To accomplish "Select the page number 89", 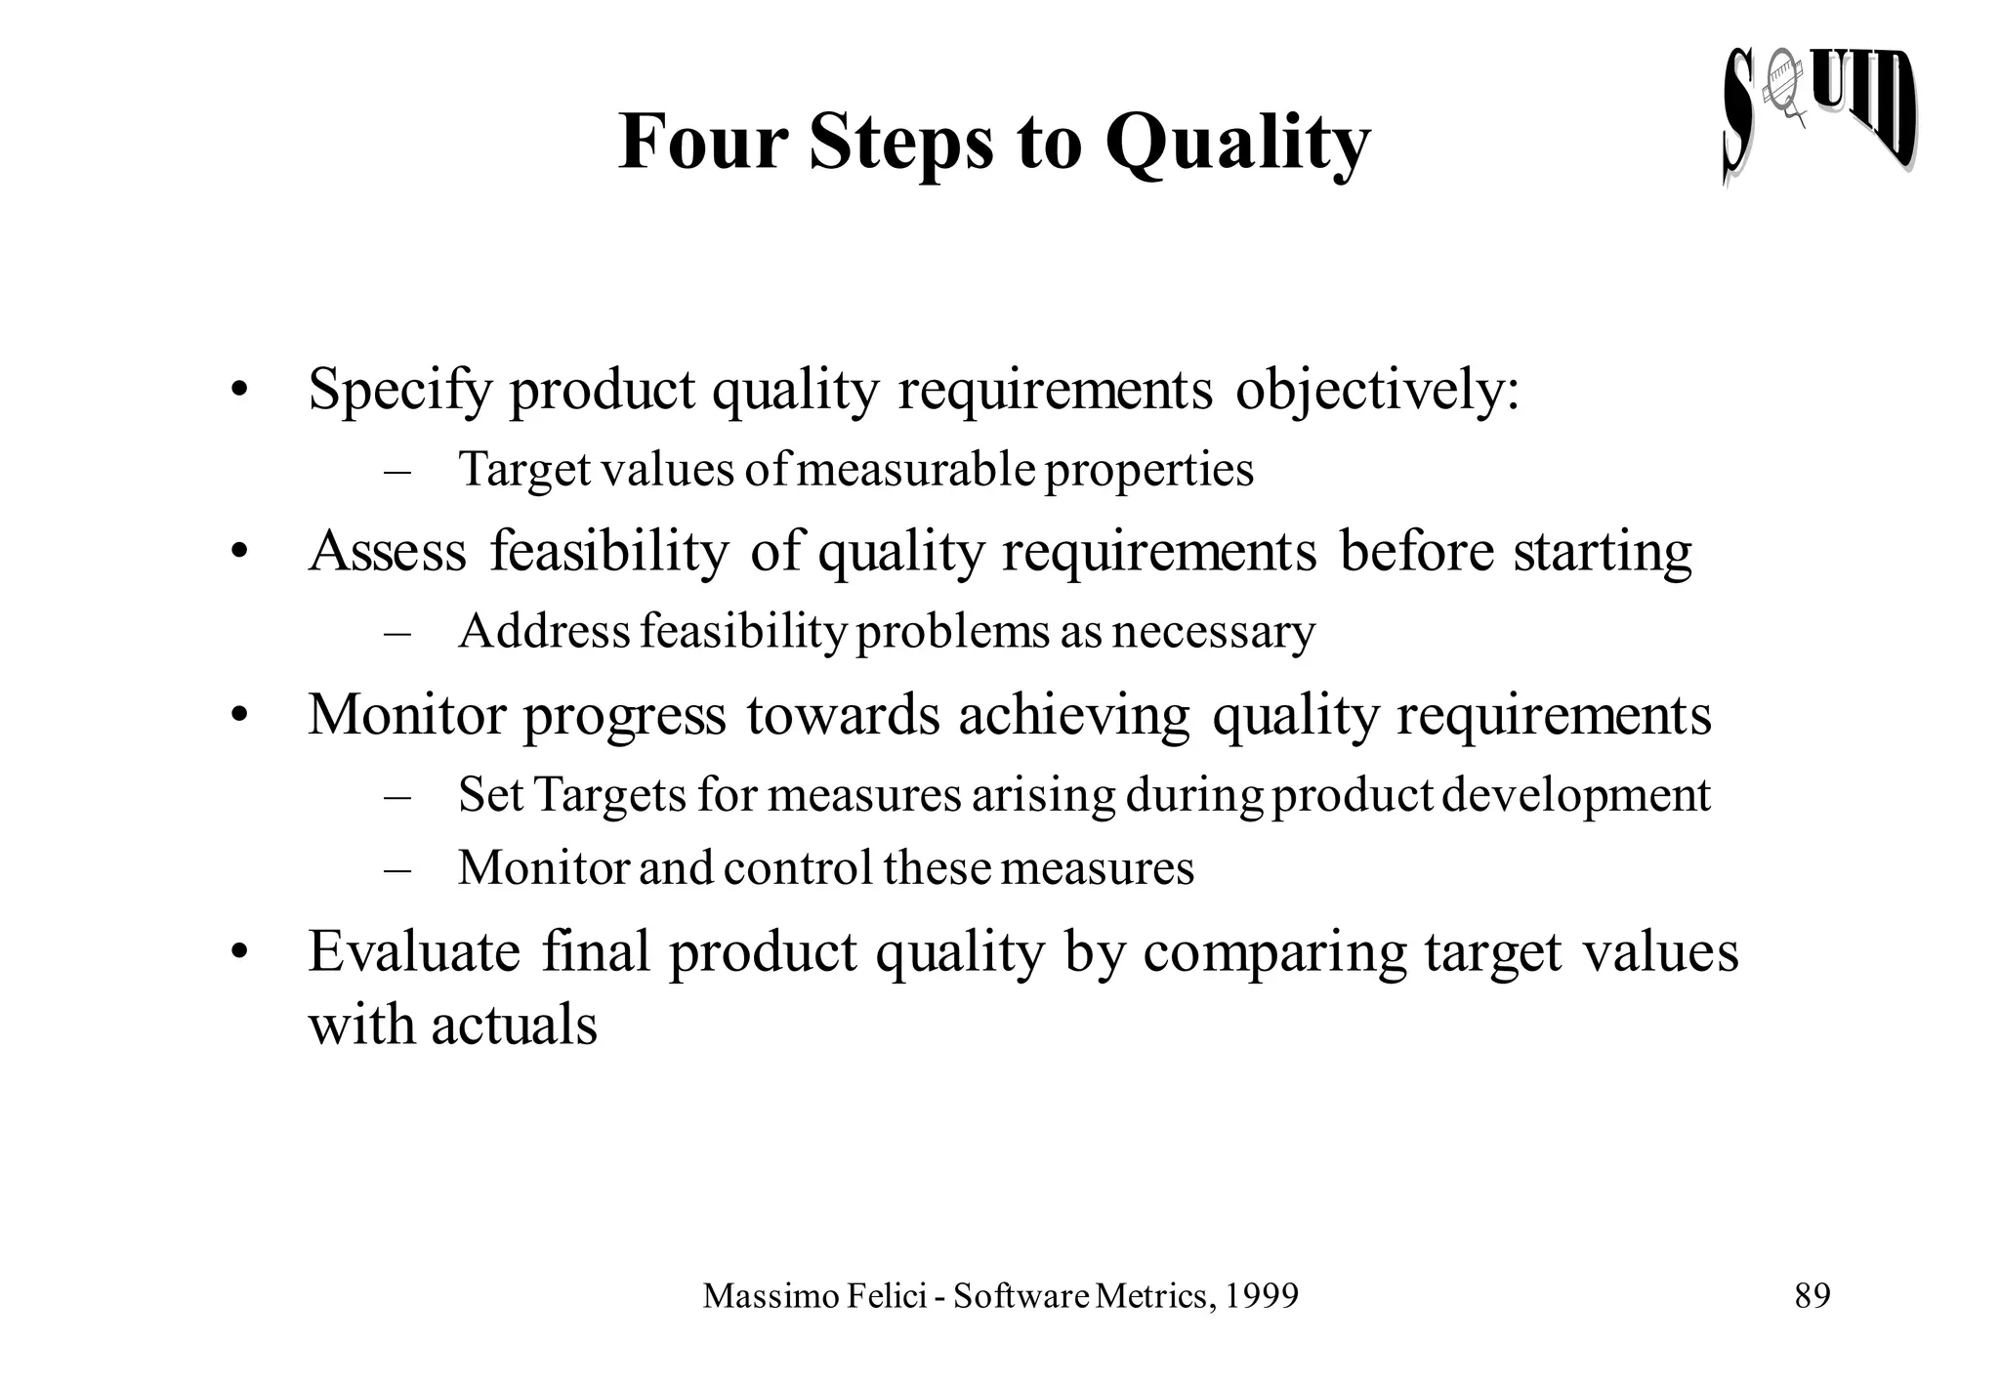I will point(1812,1296).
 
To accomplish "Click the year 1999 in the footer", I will point(1261,1296).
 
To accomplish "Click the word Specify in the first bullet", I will point(399,391).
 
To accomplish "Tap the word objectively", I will point(1377,391).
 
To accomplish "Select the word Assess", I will point(388,551).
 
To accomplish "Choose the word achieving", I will point(1073,716).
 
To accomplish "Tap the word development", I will point(1575,795).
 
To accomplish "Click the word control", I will point(798,867).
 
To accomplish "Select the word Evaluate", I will point(414,951).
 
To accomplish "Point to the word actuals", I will point(514,1026).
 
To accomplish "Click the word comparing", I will point(1274,953).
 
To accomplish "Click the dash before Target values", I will point(397,472).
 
